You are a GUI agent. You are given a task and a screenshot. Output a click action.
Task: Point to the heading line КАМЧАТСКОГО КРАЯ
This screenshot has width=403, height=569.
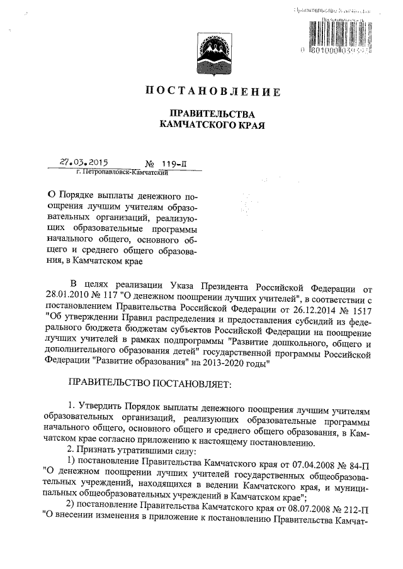[x=212, y=126]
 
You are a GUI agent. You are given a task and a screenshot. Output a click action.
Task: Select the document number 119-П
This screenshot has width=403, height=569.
[x=173, y=162]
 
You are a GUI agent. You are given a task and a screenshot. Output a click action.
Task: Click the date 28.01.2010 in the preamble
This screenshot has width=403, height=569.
[x=69, y=291]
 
